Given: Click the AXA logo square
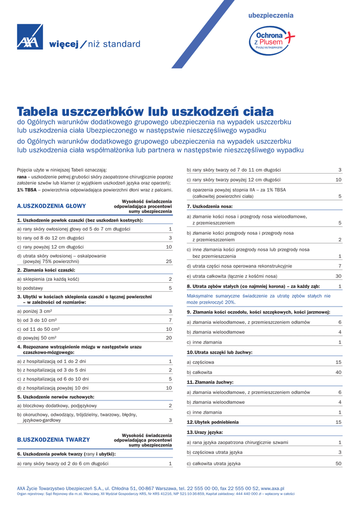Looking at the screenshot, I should click(30, 37).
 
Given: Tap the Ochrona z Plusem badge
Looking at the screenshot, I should click(271, 39).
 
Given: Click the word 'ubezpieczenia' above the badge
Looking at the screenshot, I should click(271, 15).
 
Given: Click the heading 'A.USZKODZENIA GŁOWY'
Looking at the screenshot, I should click(52, 206).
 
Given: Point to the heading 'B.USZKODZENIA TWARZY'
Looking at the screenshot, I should click(54, 440).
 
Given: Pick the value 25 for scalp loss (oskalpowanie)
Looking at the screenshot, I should click(169, 261).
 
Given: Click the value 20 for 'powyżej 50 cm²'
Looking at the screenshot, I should click(169, 338).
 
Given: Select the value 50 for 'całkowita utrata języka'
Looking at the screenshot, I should click(339, 463).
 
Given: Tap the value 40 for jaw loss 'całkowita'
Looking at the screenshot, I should click(339, 372).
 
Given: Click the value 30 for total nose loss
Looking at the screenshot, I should click(339, 276).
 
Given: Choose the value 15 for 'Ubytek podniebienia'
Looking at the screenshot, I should click(339, 422).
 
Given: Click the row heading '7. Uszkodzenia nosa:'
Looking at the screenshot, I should click(210, 206).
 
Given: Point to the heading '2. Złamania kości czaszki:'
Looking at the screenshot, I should click(46, 270).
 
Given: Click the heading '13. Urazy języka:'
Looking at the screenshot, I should click(205, 433).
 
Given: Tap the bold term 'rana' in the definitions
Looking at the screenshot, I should click(22, 177).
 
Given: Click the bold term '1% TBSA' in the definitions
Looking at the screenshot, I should click(27, 190).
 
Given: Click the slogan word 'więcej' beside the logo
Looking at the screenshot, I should click(64, 45).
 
